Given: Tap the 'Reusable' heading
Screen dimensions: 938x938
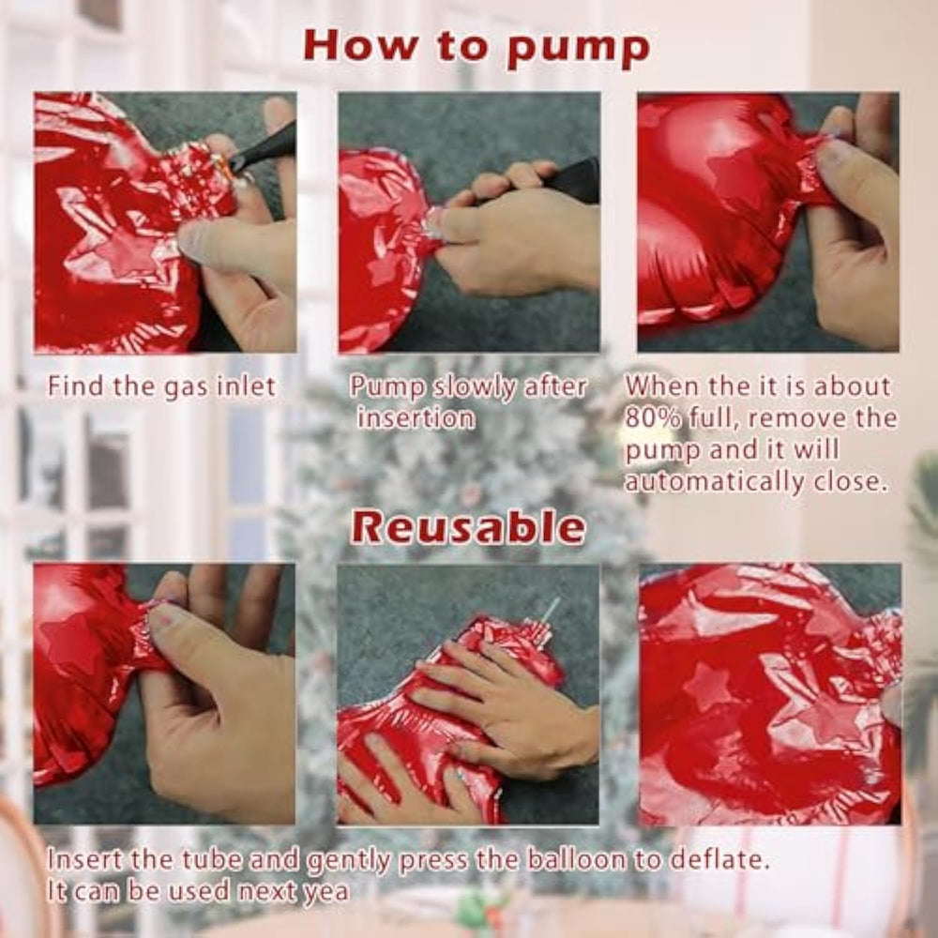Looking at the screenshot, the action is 468,527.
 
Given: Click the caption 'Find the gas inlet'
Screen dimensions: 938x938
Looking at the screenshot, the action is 161,386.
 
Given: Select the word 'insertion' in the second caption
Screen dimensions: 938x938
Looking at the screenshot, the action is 416,417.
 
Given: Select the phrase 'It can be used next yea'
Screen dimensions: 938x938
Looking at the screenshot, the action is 198,891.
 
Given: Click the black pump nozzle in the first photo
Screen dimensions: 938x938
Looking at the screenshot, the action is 264,146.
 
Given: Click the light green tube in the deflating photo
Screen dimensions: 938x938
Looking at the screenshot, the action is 550,613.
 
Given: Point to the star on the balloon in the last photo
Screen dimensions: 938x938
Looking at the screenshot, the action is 707,687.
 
